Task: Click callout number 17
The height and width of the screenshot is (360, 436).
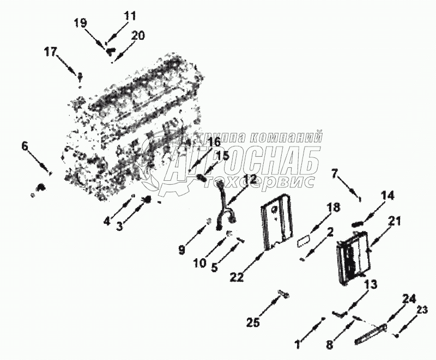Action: pyautogui.click(x=51, y=52)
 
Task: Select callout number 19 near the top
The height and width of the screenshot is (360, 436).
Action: pyautogui.click(x=80, y=23)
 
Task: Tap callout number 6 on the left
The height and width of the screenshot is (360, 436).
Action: pyautogui.click(x=24, y=146)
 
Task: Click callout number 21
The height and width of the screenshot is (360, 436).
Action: pyautogui.click(x=395, y=221)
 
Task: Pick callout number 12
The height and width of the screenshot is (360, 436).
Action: pyautogui.click(x=249, y=179)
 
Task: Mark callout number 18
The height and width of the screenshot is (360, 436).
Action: pyautogui.click(x=333, y=208)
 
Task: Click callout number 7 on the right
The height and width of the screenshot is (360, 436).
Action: pyautogui.click(x=335, y=174)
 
